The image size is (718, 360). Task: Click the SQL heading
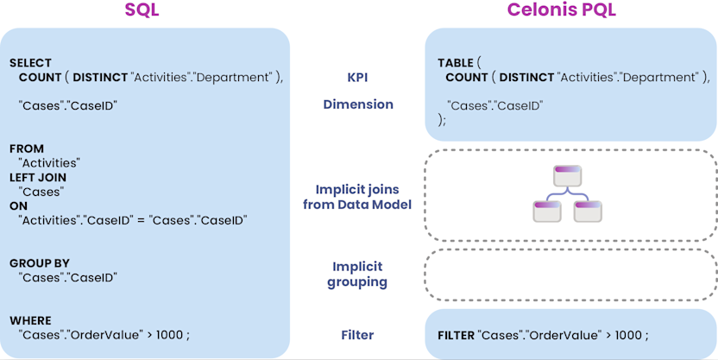click(x=143, y=11)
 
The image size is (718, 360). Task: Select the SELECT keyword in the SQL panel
click(x=30, y=63)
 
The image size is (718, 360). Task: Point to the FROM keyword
click(x=27, y=148)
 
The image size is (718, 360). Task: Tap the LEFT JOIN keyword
click(x=38, y=177)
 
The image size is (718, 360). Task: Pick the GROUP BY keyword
click(x=40, y=263)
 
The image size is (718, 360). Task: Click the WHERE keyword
click(x=30, y=320)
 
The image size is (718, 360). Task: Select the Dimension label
click(x=358, y=104)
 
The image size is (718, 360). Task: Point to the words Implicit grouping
click(x=357, y=275)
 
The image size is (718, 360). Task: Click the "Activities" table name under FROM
click(x=49, y=162)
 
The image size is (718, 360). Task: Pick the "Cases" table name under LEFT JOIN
click(x=41, y=191)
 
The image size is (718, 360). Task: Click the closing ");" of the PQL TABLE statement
click(x=443, y=120)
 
